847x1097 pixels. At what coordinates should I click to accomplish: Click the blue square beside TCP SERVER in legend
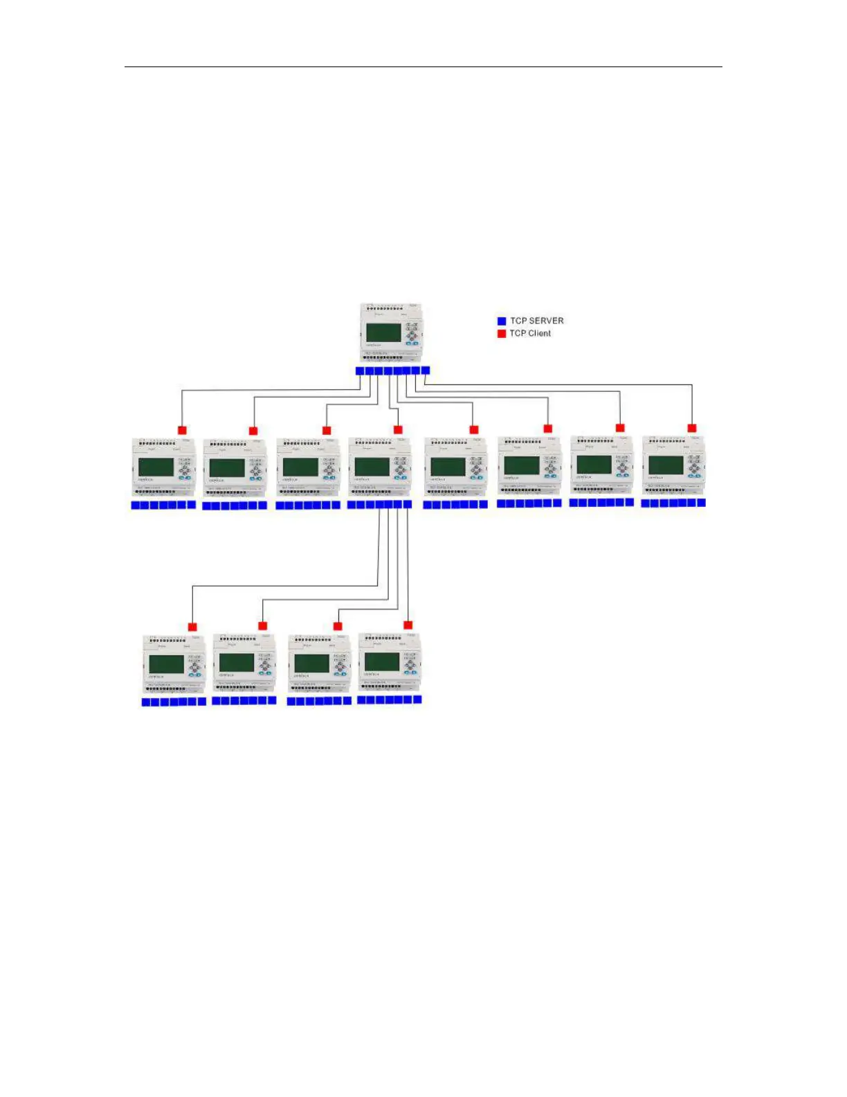tap(502, 321)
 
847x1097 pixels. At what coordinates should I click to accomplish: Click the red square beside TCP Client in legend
tap(502, 334)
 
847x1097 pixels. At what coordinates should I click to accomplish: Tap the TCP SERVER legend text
tap(537, 321)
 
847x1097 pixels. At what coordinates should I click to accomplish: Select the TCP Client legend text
tap(530, 333)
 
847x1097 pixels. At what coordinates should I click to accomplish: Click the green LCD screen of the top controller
tap(383, 332)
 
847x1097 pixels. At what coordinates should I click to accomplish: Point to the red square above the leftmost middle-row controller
tap(182, 430)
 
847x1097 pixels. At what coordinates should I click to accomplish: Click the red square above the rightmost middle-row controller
tap(692, 428)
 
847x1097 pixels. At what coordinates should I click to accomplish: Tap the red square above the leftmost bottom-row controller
tap(192, 627)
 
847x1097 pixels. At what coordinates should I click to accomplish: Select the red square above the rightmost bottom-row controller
tap(408, 625)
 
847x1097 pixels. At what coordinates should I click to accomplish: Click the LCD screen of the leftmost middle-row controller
tap(156, 467)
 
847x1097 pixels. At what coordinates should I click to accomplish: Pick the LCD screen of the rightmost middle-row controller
tap(666, 465)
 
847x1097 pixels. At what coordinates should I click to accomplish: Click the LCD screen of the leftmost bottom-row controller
tap(166, 663)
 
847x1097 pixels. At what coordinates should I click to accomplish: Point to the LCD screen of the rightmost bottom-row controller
tap(382, 661)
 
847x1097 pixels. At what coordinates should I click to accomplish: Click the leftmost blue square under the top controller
tap(360, 371)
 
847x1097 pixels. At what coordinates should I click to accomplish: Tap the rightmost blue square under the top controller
tap(425, 371)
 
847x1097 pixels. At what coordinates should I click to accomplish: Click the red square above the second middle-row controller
tap(253, 431)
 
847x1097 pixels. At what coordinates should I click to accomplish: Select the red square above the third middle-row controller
tap(327, 431)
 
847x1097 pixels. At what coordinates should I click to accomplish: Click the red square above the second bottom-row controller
tap(262, 626)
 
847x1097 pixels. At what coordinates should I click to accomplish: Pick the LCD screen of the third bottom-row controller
tap(311, 663)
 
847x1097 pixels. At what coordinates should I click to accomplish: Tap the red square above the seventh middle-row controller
tap(620, 428)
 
